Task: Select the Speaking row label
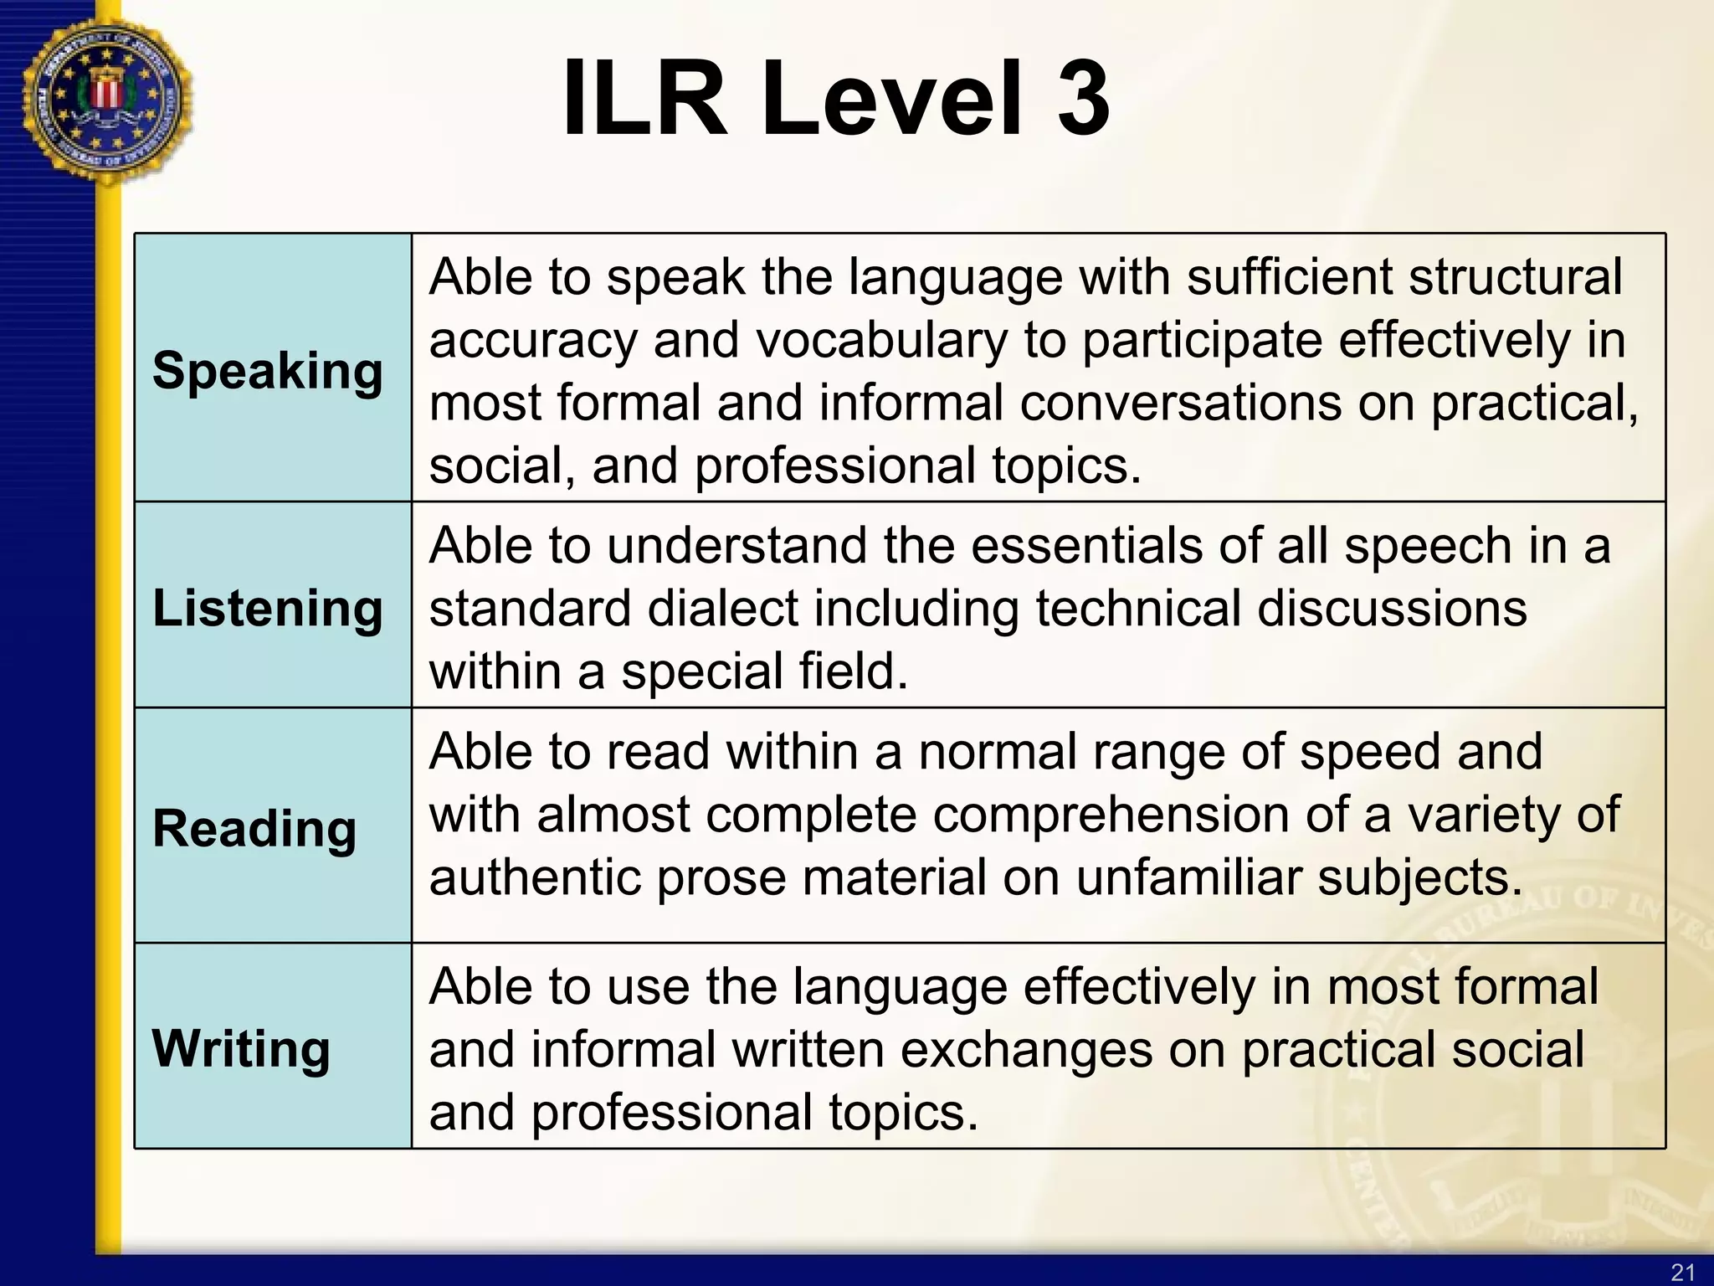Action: (267, 371)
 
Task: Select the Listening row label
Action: (267, 608)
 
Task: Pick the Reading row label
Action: (254, 829)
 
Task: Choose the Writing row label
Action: (241, 1048)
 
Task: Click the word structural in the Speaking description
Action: (1514, 277)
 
